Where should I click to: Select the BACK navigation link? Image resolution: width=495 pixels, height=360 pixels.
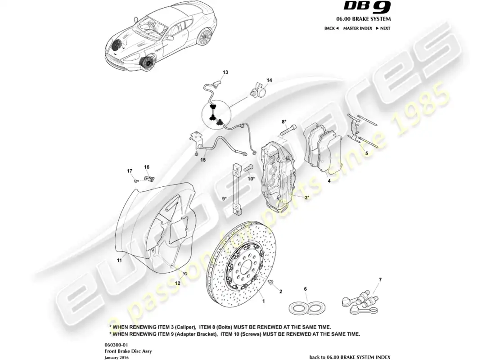(x=331, y=28)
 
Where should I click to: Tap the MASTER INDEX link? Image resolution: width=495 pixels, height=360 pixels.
(x=357, y=28)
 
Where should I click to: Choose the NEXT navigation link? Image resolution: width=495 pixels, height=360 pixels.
(x=383, y=28)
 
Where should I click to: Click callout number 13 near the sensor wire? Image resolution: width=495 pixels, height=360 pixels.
(x=225, y=72)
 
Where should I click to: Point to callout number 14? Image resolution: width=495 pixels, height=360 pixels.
(x=269, y=81)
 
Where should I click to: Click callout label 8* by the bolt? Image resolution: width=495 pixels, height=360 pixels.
(x=284, y=122)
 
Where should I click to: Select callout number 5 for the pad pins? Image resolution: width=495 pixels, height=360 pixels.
(x=366, y=153)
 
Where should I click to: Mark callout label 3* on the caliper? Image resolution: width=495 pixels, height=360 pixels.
(x=306, y=197)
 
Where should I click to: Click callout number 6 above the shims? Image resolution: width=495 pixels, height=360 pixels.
(x=305, y=289)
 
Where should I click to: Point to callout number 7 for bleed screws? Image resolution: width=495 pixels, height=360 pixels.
(x=379, y=280)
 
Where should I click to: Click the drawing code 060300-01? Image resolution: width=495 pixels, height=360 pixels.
(x=113, y=343)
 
